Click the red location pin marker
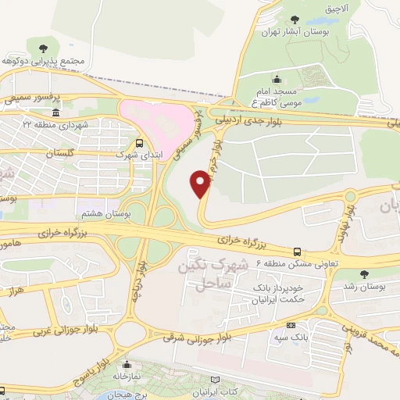click(x=201, y=183)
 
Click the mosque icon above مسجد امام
click(x=277, y=80)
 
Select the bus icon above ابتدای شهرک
click(x=139, y=143)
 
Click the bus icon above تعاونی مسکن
click(x=297, y=252)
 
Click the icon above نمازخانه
click(x=127, y=364)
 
